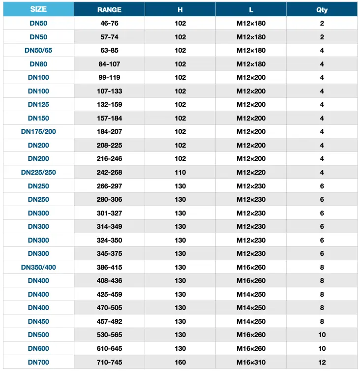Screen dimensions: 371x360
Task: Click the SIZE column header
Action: click(38, 9)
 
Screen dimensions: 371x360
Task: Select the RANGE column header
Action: click(109, 9)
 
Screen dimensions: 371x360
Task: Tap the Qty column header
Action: click(322, 9)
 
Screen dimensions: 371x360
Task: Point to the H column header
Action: click(180, 9)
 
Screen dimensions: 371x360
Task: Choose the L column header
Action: click(251, 9)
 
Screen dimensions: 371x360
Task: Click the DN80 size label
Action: click(38, 64)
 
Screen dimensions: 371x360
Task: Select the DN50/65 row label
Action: click(38, 50)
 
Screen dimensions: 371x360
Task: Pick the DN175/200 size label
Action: click(38, 132)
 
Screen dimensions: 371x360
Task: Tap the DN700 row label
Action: click(38, 362)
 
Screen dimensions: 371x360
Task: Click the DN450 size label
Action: click(38, 321)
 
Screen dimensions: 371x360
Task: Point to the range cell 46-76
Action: click(109, 23)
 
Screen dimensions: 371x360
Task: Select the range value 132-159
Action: click(109, 104)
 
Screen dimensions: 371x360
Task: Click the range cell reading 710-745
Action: click(109, 362)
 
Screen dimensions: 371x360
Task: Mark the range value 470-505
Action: click(109, 308)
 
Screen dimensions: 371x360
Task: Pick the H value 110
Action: click(180, 172)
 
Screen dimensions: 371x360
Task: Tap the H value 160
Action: click(180, 362)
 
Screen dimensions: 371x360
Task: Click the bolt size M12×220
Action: click(251, 172)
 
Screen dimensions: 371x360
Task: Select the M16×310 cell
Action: click(251, 362)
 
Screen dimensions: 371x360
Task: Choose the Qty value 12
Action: click(322, 362)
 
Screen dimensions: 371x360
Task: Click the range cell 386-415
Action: click(109, 267)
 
